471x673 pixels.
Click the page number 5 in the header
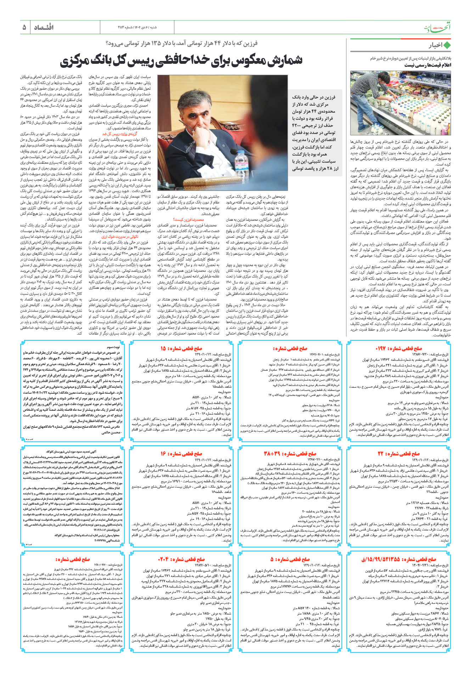(x=24, y=27)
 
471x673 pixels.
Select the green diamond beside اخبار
(x=447, y=45)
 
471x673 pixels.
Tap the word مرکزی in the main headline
(x=80, y=60)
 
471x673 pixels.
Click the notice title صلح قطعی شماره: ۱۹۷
(x=398, y=348)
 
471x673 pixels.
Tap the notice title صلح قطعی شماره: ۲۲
(x=398, y=453)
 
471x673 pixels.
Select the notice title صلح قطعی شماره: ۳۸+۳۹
(x=290, y=453)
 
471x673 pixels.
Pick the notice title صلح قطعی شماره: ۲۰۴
(x=181, y=559)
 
